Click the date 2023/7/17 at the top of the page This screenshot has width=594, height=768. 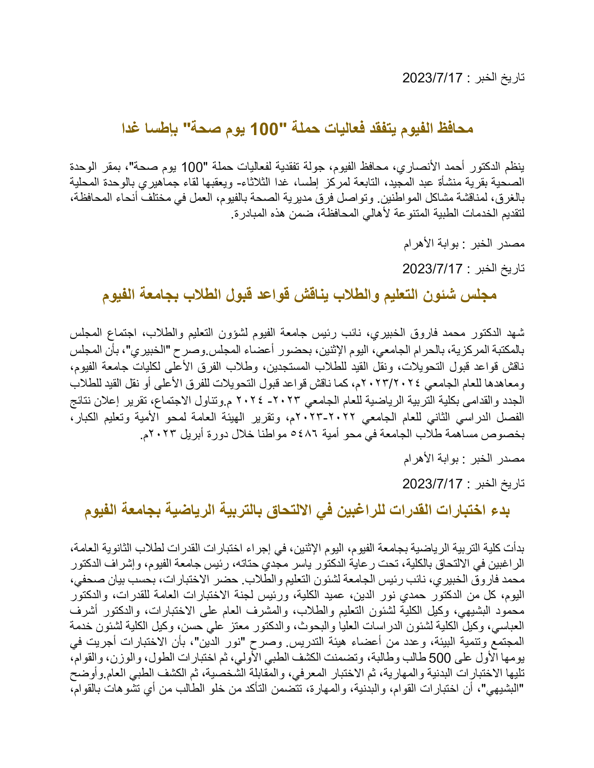(x=432, y=78)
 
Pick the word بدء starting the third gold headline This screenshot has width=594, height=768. (x=499, y=510)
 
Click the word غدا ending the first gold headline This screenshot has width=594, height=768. (x=131, y=129)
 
